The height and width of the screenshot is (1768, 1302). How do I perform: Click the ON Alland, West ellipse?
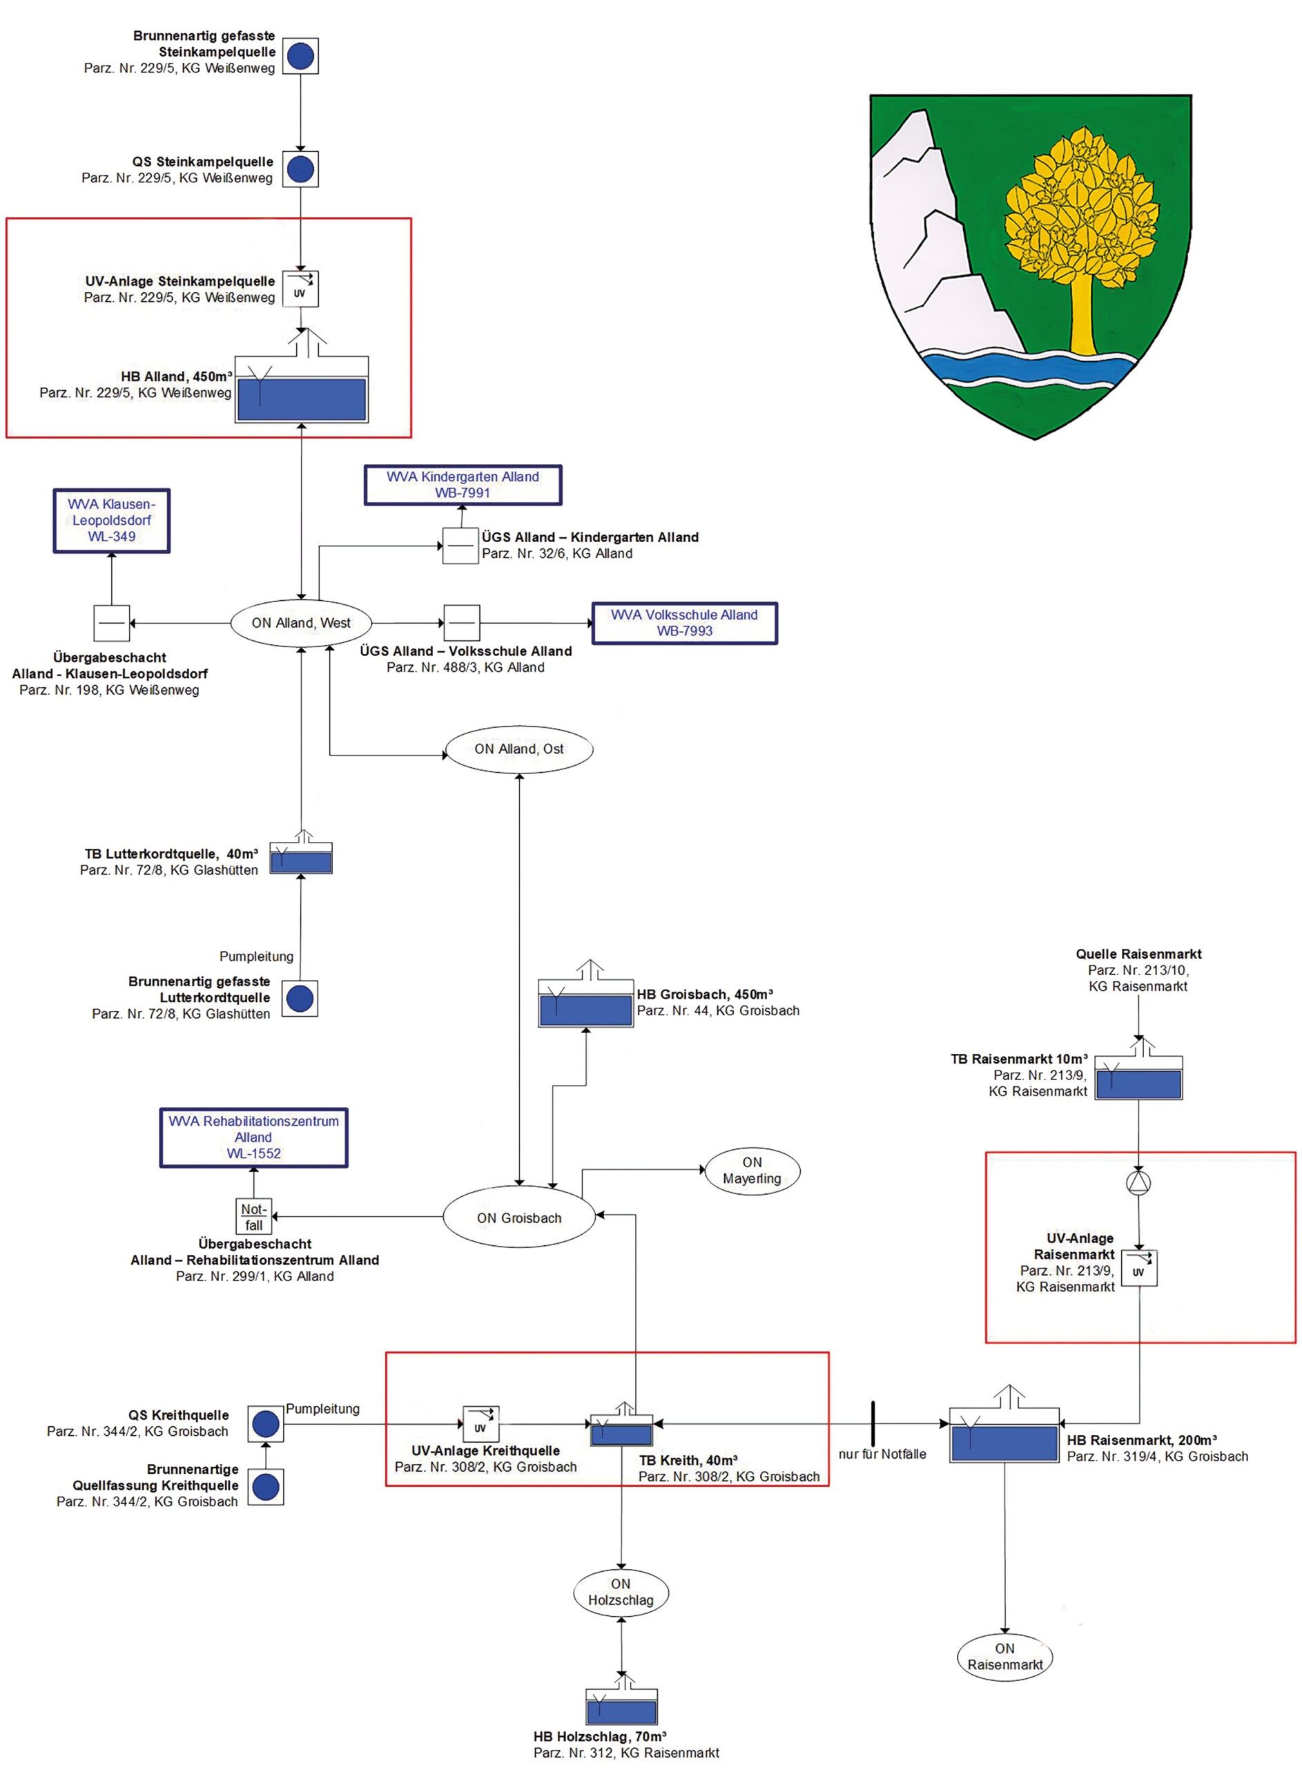tap(300, 623)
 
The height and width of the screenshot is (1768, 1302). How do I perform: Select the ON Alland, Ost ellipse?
tap(518, 749)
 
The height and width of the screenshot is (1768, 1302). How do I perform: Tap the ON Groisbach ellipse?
tap(518, 1218)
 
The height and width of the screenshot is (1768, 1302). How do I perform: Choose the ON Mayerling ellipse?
tap(752, 1171)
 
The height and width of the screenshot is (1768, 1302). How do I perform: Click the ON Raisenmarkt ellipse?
tap(1005, 1657)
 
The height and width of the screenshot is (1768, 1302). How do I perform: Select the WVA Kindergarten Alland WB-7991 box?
tap(463, 485)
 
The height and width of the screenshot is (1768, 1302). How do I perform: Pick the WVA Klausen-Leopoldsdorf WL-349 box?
tap(111, 520)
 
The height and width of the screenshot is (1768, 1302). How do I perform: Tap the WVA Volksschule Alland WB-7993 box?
tap(684, 623)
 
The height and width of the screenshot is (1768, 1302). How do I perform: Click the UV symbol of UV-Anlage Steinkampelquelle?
tap(300, 289)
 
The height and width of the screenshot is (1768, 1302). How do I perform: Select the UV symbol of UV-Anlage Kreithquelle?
tap(480, 1423)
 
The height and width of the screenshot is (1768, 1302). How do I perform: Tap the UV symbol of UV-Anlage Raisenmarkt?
tap(1139, 1268)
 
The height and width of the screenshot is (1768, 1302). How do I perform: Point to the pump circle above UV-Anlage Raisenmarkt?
tap(1138, 1183)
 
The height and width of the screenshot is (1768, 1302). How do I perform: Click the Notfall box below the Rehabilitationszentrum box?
tap(254, 1217)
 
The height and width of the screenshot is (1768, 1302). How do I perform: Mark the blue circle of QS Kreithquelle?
tap(266, 1423)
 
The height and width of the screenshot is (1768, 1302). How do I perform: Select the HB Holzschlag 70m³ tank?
tap(621, 1707)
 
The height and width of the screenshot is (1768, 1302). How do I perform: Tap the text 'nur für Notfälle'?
tap(882, 1454)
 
